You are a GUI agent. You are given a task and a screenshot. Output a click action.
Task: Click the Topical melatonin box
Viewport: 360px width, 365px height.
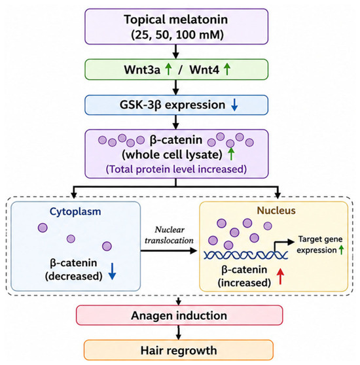(x=176, y=27)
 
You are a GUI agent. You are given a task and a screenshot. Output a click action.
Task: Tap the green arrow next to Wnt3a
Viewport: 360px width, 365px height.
(x=168, y=69)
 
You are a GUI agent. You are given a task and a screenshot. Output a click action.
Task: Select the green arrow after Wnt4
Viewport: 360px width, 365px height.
(x=227, y=69)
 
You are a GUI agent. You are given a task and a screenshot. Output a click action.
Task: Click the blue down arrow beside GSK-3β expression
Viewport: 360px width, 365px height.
(x=234, y=105)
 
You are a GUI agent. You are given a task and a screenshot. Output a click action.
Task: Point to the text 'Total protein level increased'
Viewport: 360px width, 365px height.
(x=176, y=169)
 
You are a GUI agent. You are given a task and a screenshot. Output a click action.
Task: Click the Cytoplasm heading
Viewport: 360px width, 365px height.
(x=75, y=211)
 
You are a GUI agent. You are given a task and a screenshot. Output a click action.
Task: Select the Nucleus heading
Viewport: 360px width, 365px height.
(x=276, y=211)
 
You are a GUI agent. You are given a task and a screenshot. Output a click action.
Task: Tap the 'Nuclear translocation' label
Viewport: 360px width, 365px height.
(x=170, y=235)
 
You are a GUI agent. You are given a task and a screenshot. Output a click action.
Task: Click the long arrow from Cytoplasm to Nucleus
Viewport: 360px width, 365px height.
(x=169, y=251)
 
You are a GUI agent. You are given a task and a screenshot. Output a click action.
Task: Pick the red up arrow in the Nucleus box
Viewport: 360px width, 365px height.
(x=281, y=276)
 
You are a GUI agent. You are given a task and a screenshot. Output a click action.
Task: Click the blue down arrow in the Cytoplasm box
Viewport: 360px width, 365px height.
(x=112, y=271)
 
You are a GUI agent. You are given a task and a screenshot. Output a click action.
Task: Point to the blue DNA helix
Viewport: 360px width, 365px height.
(x=246, y=255)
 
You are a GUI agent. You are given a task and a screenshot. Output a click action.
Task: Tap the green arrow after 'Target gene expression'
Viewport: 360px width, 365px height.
(x=341, y=250)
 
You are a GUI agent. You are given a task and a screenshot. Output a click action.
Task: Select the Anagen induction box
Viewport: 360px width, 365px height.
(x=179, y=315)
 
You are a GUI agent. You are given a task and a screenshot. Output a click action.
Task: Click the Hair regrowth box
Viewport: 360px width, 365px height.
(x=179, y=350)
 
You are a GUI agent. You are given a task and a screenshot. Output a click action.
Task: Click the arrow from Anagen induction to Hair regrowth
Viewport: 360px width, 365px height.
(x=179, y=333)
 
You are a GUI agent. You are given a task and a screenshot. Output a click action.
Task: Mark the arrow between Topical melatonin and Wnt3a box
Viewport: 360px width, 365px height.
(x=176, y=52)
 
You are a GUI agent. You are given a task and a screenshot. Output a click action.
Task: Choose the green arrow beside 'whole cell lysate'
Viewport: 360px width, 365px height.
(x=231, y=154)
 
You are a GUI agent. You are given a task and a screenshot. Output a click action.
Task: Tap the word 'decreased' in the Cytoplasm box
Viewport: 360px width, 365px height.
(x=74, y=276)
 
